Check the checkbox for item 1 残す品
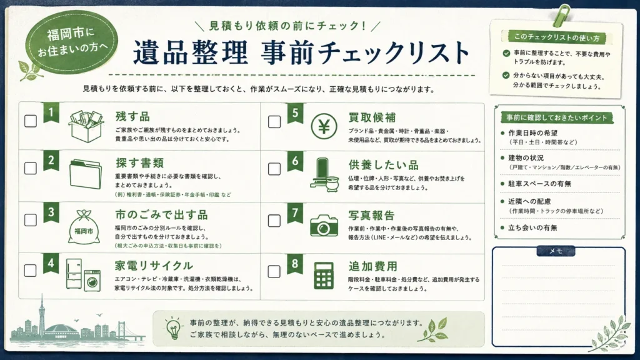31,121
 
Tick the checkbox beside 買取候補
274,122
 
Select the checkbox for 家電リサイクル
30,270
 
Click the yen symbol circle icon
324,127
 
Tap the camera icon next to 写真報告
324,225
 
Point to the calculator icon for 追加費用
324,275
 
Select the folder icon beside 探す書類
85,174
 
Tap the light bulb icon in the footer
174,327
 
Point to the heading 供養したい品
384,165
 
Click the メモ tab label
556,251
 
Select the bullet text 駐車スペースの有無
539,184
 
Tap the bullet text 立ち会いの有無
532,227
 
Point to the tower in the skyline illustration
41,318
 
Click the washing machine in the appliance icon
92,281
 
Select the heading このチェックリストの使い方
557,37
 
